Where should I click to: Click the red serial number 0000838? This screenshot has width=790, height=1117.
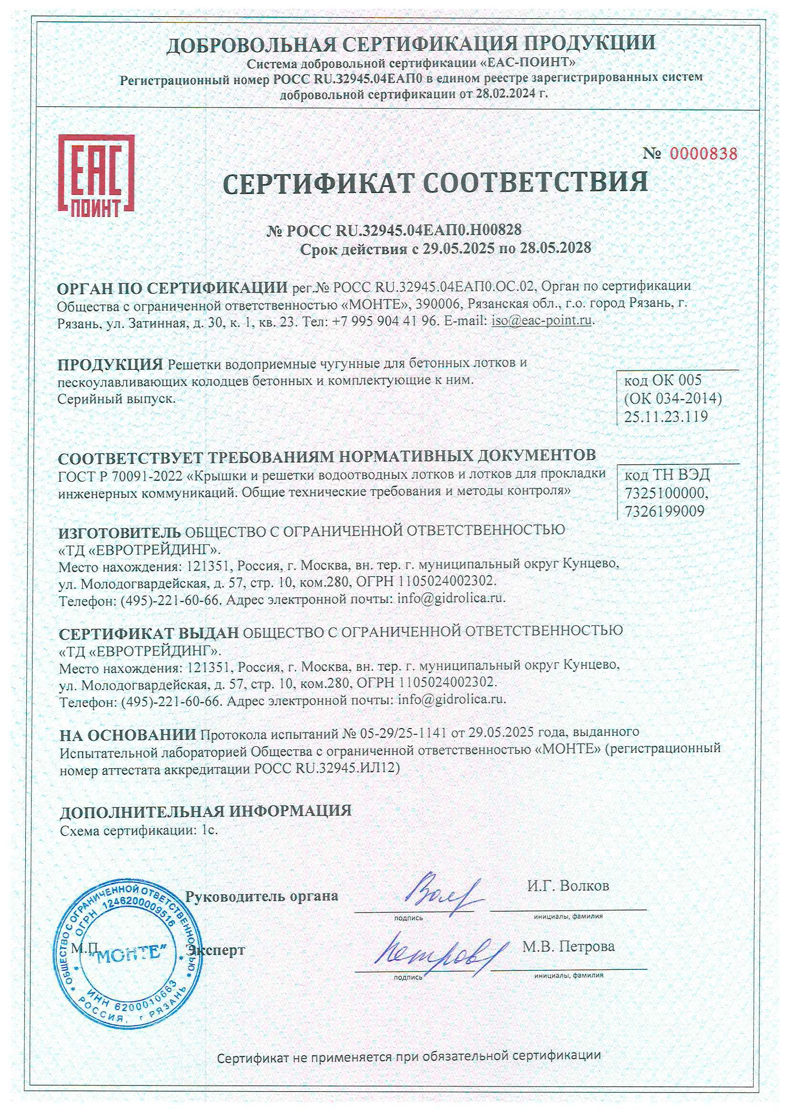point(703,154)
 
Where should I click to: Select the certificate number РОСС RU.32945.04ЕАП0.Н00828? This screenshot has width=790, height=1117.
point(403,230)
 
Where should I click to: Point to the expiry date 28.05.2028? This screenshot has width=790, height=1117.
point(555,248)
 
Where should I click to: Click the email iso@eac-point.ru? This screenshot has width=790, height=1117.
point(542,321)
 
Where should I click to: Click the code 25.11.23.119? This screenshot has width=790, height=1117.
point(665,417)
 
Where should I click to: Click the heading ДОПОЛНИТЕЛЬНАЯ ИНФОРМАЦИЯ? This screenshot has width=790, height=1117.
point(206,810)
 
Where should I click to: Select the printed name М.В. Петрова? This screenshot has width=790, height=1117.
point(568,946)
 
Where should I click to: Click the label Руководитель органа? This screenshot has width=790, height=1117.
point(261,896)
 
